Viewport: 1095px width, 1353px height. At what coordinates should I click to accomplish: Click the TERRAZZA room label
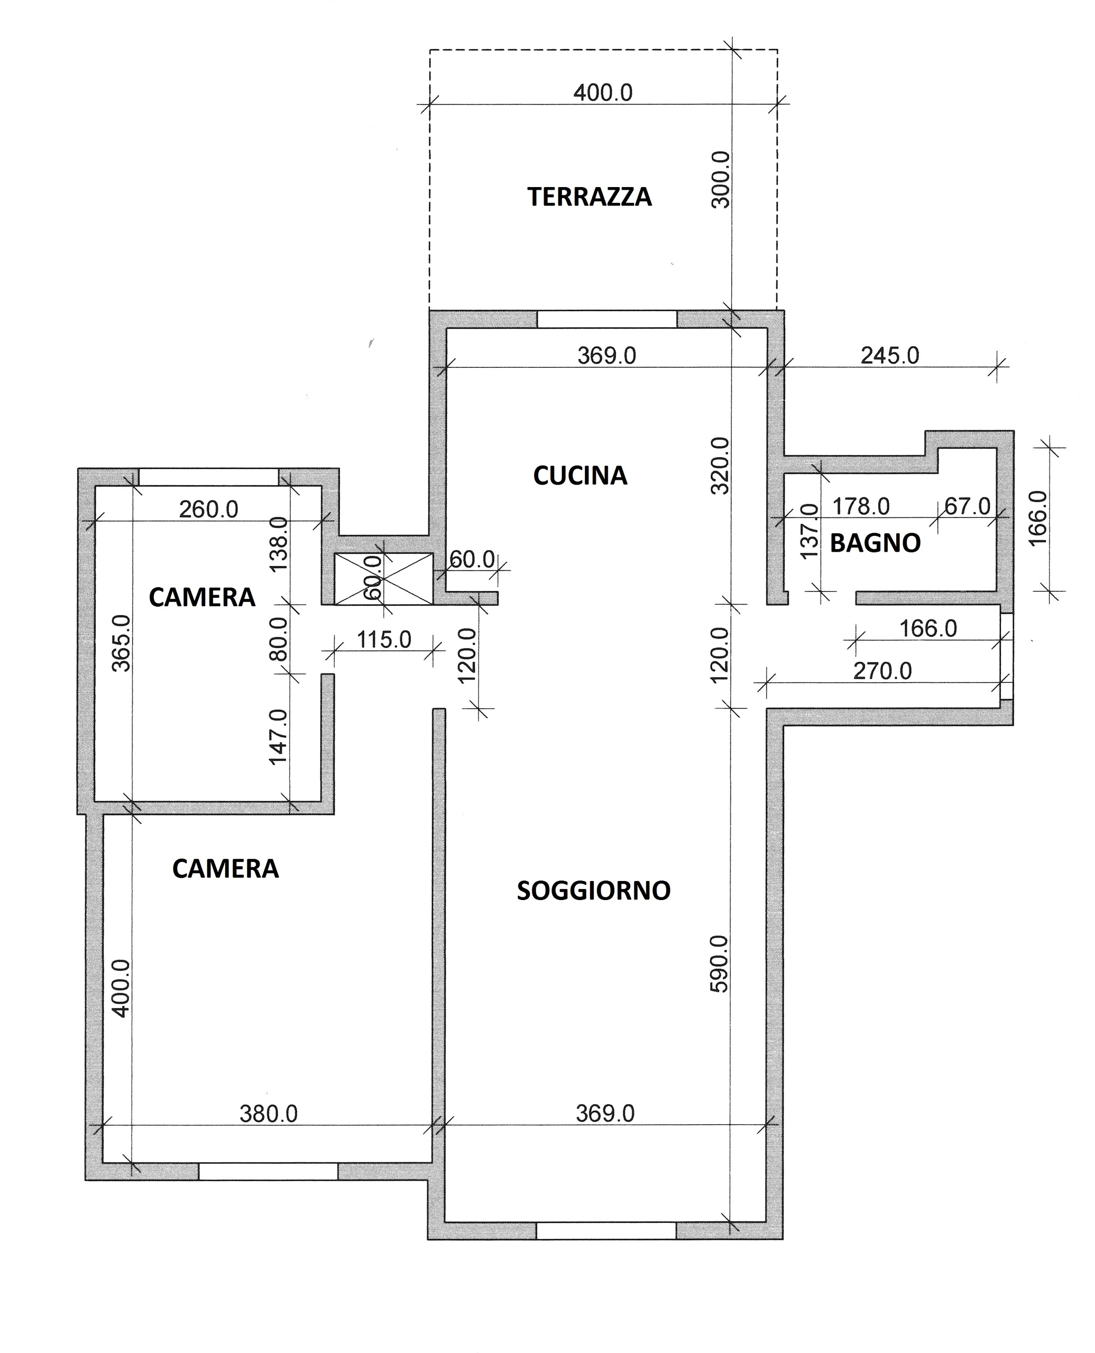(589, 197)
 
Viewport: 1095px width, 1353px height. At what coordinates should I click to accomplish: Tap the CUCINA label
(579, 475)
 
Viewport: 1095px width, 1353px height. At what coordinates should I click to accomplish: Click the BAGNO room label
(875, 543)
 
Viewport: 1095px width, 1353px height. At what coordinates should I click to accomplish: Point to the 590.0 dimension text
(720, 963)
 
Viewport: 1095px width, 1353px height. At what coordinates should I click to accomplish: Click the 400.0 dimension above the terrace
(602, 92)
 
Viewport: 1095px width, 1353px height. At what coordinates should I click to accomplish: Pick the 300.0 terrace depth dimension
(720, 180)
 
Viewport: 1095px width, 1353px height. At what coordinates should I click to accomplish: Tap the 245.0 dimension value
(890, 356)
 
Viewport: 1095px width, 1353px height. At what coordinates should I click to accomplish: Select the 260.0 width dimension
(208, 509)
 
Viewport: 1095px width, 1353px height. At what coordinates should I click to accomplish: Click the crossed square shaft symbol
(383, 578)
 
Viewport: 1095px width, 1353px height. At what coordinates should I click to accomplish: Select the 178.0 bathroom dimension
(860, 506)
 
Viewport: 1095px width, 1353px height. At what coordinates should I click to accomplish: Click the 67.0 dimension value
(967, 506)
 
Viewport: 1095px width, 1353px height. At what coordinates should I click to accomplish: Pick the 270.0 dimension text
(882, 671)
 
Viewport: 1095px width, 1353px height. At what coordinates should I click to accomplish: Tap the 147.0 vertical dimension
(278, 736)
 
